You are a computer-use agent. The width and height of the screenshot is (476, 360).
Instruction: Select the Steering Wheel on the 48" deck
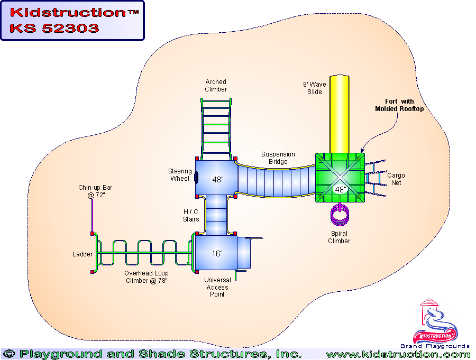click(196, 177)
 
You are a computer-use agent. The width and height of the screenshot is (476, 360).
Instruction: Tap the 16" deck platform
click(216, 254)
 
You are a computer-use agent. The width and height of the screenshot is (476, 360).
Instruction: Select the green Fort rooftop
click(340, 178)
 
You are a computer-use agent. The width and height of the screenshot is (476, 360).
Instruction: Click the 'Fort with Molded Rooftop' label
click(399, 105)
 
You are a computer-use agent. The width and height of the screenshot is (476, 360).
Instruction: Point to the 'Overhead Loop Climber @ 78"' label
click(147, 277)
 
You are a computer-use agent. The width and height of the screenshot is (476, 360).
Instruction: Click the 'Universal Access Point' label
click(217, 287)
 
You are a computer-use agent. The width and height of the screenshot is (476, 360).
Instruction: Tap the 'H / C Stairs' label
click(191, 216)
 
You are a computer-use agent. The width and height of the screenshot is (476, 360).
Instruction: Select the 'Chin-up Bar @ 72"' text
click(95, 191)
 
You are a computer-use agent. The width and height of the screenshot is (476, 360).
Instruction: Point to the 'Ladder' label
click(83, 254)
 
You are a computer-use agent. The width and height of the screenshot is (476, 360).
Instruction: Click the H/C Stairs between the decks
click(216, 215)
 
